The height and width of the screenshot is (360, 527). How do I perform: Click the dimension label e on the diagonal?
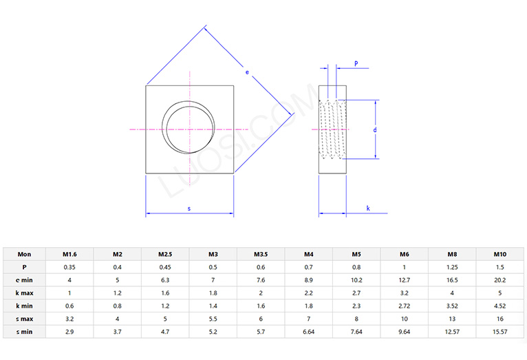[x=247, y=71]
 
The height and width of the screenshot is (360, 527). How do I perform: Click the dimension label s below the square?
[x=189, y=208]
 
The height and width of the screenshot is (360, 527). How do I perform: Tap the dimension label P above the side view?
[x=356, y=63]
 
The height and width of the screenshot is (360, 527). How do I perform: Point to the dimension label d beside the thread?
[x=375, y=129]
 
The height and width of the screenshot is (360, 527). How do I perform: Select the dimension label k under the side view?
[x=368, y=207]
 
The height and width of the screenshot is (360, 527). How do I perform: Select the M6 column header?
[x=405, y=253]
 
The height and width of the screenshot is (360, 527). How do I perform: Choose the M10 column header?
[x=500, y=253]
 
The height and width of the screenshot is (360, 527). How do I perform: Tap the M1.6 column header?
[x=69, y=253]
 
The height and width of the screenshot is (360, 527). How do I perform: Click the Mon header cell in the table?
[x=24, y=253]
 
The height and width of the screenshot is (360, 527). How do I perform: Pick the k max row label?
[x=24, y=293]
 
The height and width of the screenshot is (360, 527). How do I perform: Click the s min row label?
[x=24, y=332]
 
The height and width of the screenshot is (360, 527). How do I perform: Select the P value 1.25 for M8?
[x=453, y=266]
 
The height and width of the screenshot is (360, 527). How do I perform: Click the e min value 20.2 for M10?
[x=500, y=279]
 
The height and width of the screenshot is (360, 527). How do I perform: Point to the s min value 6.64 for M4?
[x=309, y=332]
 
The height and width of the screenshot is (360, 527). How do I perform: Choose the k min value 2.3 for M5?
[x=356, y=306]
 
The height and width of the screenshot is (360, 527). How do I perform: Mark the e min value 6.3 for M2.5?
[x=164, y=279]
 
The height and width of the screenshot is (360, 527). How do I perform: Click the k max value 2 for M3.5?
[x=261, y=293]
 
